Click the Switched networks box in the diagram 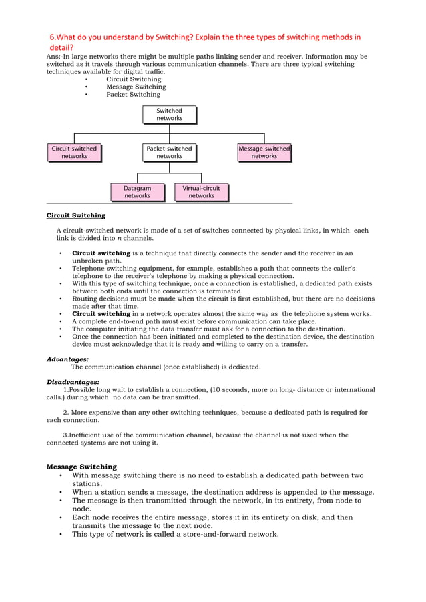(x=169, y=115)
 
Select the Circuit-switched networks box (x=74, y=152)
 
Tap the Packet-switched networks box (x=169, y=152)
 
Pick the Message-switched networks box (x=264, y=152)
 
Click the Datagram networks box (x=137, y=192)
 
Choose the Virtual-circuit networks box (x=201, y=192)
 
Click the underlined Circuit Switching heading (x=75, y=215)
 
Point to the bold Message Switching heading (x=81, y=467)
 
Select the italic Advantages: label (x=67, y=359)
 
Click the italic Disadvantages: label (x=73, y=382)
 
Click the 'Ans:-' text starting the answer (x=55, y=57)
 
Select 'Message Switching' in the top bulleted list (x=136, y=87)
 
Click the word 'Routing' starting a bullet (x=85, y=299)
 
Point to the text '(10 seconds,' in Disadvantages (x=230, y=389)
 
